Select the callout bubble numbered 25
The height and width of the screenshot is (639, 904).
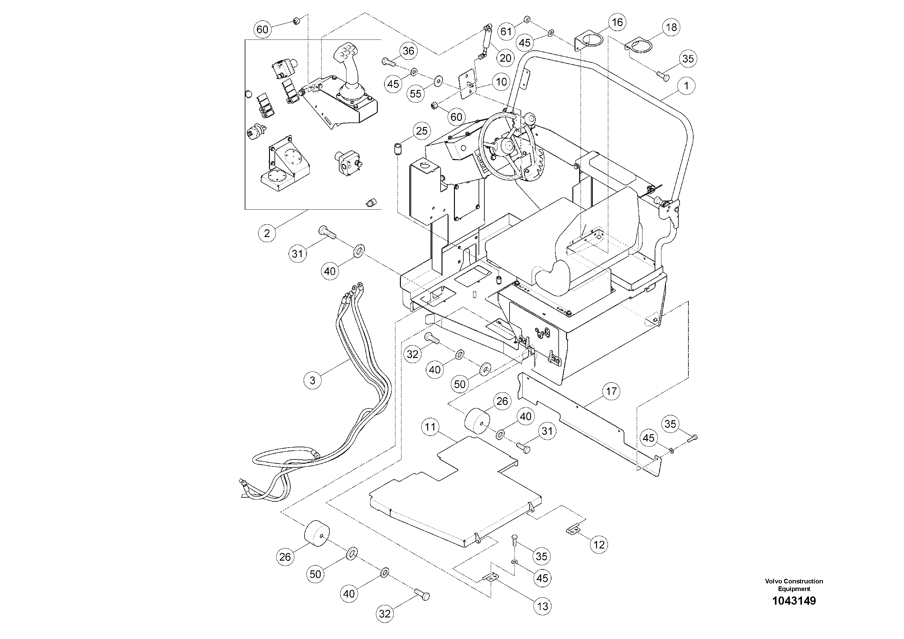point(422,131)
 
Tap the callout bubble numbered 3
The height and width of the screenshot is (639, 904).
point(313,380)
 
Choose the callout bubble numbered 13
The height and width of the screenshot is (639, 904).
point(543,606)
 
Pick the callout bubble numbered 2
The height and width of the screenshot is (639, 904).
point(267,233)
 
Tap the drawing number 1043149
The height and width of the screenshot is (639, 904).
point(794,601)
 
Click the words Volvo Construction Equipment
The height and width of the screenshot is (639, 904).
point(794,585)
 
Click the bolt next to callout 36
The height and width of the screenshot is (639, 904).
point(387,61)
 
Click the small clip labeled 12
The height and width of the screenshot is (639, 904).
point(574,530)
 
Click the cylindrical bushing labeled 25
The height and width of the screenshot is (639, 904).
point(398,150)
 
